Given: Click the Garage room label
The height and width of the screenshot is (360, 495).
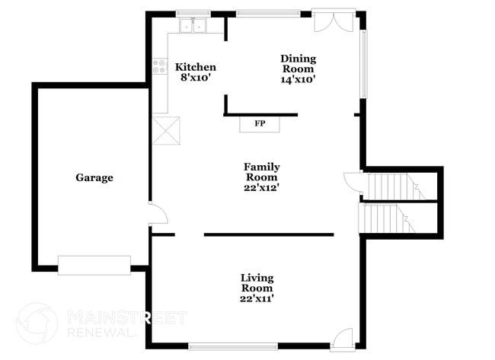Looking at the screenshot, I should pos(94,178).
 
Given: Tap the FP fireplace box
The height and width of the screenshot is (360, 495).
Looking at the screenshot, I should pos(260,123).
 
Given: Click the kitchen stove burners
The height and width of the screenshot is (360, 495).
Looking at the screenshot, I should pos(160,67).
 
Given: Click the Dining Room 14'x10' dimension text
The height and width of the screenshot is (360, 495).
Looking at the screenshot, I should pos(298,78).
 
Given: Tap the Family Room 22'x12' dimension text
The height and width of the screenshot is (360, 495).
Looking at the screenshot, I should pos(261,188).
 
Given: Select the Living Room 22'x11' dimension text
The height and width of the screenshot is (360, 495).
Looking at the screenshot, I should pos(257,299).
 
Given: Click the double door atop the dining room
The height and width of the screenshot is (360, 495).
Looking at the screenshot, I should pos(334,21).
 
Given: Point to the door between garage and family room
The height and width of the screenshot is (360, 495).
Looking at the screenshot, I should pos(157,214).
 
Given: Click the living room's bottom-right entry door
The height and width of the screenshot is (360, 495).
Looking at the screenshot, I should pos(342,338).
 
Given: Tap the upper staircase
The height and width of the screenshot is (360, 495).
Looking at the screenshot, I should pos(391,185).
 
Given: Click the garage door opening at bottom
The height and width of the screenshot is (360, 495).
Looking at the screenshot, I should pos(94,264).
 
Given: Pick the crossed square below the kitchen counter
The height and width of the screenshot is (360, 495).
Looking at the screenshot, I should pos(166,129).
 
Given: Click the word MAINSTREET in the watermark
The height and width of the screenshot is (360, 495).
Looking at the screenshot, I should pos(126,316).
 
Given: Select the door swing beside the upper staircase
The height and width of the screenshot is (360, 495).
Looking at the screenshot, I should pos(353,182).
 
